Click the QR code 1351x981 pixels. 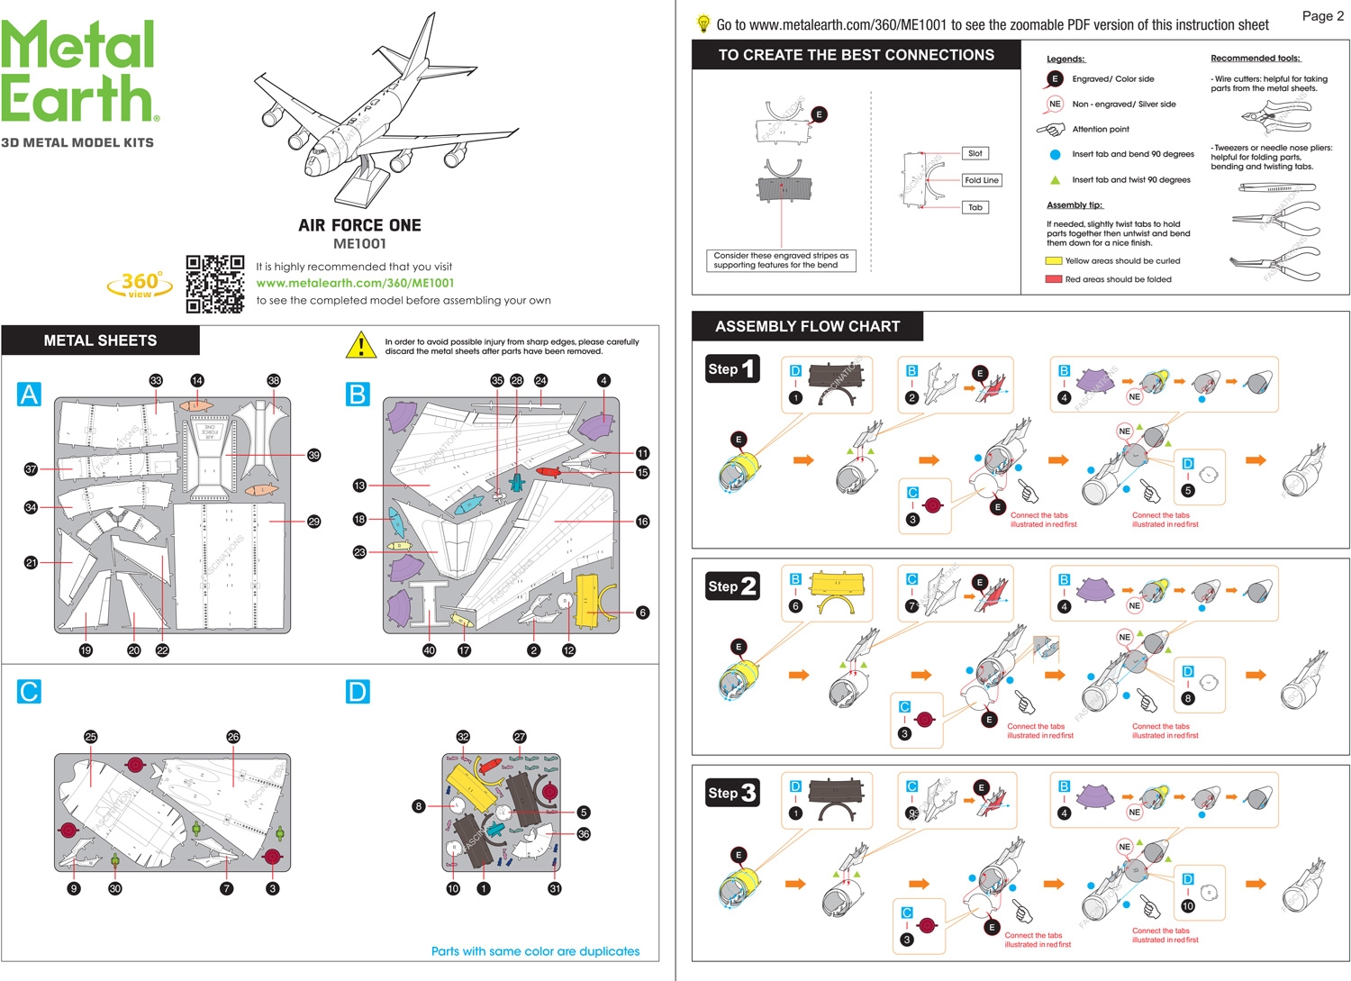(x=214, y=284)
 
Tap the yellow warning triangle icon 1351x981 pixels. (x=361, y=345)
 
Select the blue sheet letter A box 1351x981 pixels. (x=29, y=395)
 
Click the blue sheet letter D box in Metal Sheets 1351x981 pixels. (x=358, y=692)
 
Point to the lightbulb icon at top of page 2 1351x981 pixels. (x=703, y=24)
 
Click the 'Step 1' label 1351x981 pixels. (x=731, y=368)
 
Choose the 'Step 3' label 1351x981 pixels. (x=731, y=793)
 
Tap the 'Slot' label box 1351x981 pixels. (x=975, y=153)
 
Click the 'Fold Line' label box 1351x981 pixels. (x=981, y=180)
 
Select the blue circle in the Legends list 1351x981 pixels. (x=1055, y=154)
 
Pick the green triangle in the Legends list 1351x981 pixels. (x=1055, y=179)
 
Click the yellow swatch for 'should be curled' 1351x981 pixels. (x=1053, y=261)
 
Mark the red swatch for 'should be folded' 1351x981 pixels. (x=1053, y=279)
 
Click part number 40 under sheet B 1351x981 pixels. (x=429, y=650)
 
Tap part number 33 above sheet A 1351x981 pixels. (x=156, y=380)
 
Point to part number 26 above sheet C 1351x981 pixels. (x=233, y=737)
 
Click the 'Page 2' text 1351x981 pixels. (x=1322, y=15)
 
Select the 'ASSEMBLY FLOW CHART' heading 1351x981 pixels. (x=807, y=326)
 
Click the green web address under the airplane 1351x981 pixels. (x=355, y=283)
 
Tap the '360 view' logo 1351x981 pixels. (x=141, y=284)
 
